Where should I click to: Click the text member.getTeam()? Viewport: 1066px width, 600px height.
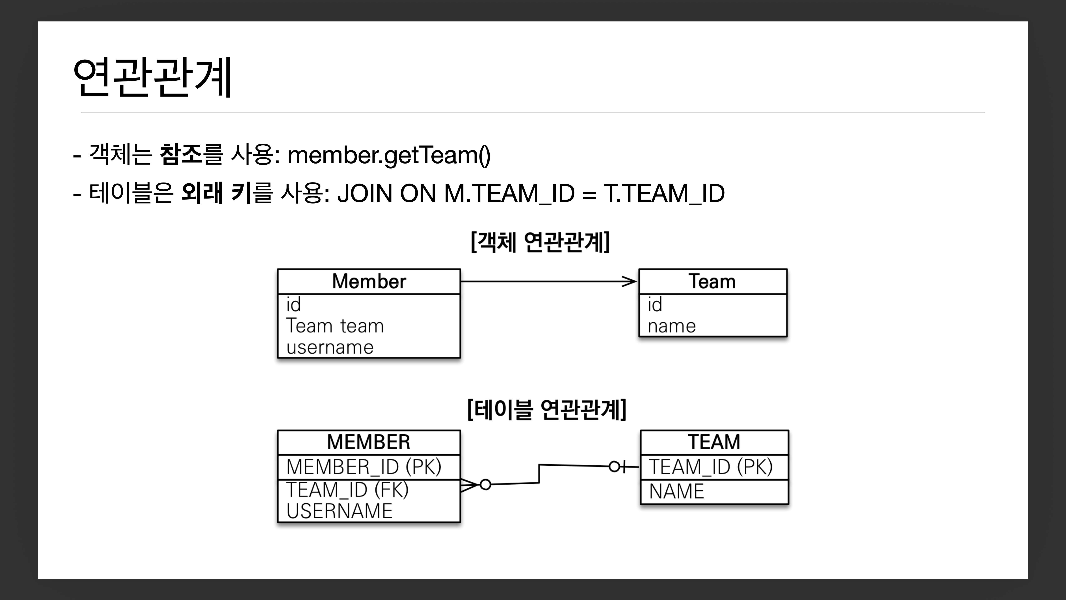pos(389,155)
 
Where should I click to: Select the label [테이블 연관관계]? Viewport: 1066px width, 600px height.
pos(546,410)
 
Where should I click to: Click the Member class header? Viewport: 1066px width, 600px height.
pos(369,282)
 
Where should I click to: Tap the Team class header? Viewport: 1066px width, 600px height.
pos(712,282)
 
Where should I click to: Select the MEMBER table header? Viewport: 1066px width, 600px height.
pos(369,442)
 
